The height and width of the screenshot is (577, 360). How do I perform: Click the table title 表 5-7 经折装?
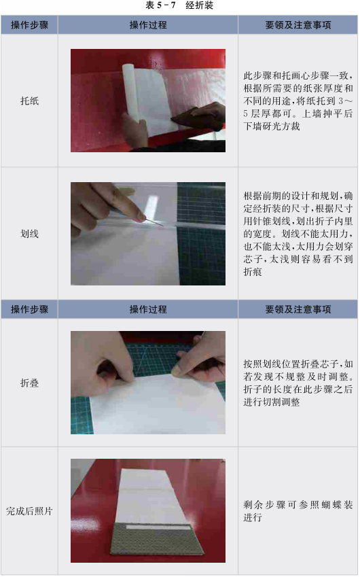[179, 5]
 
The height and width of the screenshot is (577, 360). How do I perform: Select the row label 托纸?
[29, 101]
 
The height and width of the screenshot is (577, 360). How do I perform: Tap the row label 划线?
[29, 234]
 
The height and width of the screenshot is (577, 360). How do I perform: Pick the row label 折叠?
[29, 383]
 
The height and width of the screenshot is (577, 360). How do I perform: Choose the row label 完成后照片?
[29, 511]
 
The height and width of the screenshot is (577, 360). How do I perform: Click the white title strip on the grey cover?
[158, 527]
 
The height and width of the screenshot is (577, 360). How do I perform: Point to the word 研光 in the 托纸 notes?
[272, 126]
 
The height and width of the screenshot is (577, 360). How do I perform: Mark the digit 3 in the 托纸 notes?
[341, 101]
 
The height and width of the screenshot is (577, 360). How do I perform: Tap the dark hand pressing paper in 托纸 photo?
[200, 116]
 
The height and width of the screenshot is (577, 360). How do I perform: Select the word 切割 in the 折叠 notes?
[272, 402]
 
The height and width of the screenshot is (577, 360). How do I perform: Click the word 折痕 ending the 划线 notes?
[253, 272]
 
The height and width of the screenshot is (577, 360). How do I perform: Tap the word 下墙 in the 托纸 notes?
[253, 126]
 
